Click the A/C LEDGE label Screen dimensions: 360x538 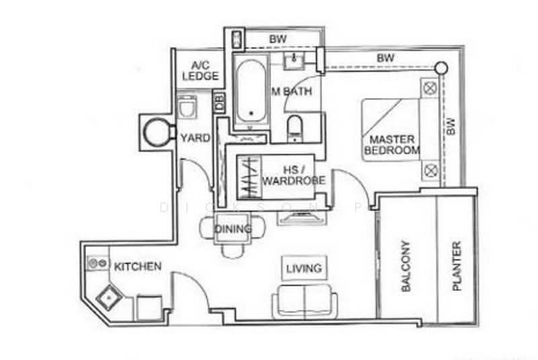200,71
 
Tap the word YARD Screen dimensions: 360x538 195,138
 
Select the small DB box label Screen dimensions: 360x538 219,103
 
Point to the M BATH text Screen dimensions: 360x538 291,92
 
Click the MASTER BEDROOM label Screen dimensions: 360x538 391,145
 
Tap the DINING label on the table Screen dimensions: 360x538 233,229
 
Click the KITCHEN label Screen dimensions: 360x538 137,267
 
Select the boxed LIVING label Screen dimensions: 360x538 303,268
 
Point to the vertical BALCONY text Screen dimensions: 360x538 406,266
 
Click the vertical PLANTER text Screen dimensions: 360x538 457,266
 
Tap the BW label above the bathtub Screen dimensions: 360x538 277,40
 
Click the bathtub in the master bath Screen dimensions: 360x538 250,91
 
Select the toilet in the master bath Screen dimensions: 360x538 295,127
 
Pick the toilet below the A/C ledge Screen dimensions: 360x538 186,108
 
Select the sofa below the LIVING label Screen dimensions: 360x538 305,301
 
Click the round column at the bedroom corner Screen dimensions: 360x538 440,67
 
